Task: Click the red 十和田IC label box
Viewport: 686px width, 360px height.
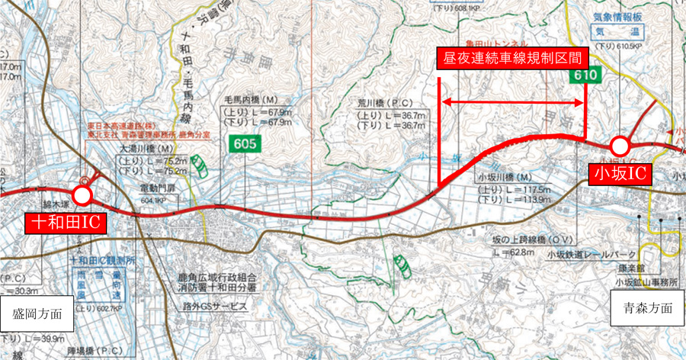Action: (66, 223)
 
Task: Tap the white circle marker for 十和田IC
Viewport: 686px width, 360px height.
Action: (82, 195)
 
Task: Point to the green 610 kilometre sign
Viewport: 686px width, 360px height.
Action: (585, 76)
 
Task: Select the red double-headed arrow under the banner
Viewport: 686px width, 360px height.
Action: (513, 101)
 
